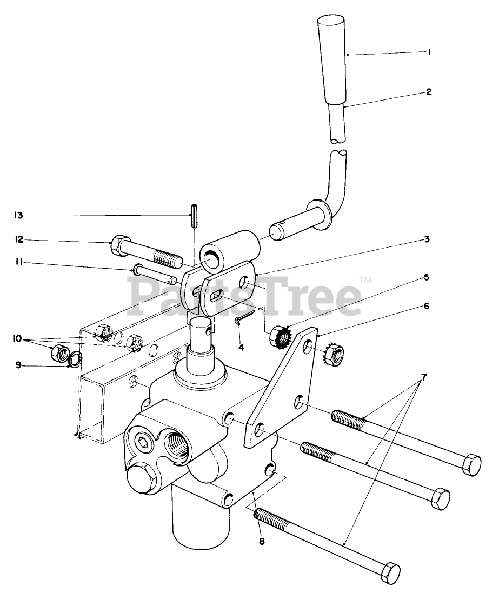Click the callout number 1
(429, 53)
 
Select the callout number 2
(429, 92)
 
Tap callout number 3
(427, 238)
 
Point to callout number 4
(242, 347)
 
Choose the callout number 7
(424, 377)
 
